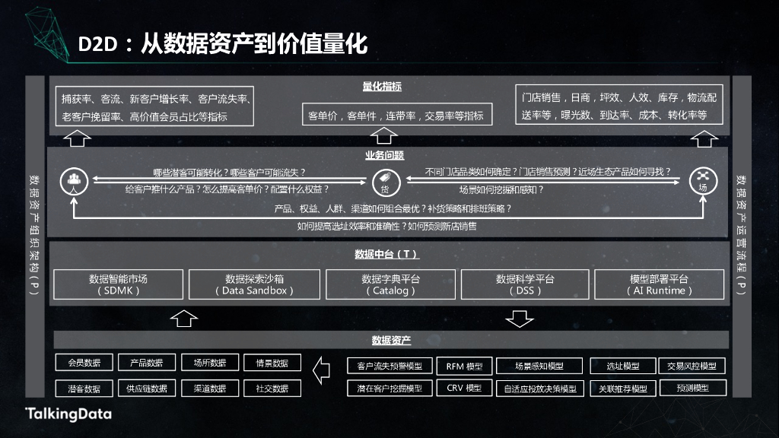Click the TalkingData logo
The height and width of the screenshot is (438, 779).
(x=68, y=414)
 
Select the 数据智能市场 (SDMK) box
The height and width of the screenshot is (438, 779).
(x=118, y=284)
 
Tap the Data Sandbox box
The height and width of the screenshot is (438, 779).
(x=254, y=284)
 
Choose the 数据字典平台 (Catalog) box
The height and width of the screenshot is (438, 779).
(x=390, y=284)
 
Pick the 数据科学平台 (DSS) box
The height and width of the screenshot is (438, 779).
(x=525, y=284)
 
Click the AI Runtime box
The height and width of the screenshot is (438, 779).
(x=659, y=284)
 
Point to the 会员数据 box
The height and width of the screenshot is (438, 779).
(x=84, y=363)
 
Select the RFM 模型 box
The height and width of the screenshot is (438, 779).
(x=464, y=366)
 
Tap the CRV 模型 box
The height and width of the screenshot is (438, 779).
(x=464, y=388)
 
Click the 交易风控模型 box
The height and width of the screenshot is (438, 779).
(x=691, y=366)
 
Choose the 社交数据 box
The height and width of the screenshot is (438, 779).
(x=272, y=389)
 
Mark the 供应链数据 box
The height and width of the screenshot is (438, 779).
(x=146, y=389)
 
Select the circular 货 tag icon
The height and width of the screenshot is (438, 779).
(x=384, y=183)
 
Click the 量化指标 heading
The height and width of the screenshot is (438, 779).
(x=382, y=87)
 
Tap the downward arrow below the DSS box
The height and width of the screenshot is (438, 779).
(x=520, y=318)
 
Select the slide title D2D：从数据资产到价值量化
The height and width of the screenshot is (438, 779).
(x=223, y=45)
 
